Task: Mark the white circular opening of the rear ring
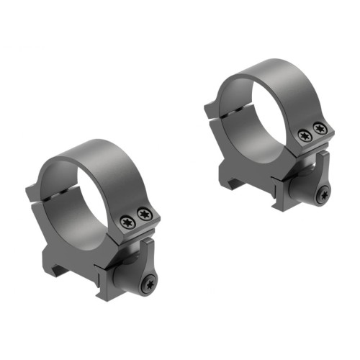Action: coord(252,106)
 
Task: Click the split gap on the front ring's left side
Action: coord(55,199)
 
